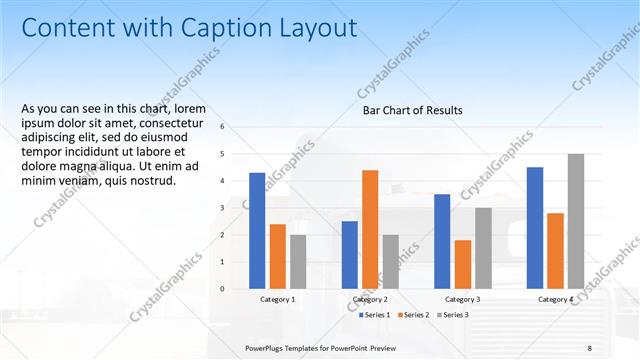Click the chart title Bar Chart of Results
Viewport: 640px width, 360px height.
tap(412, 110)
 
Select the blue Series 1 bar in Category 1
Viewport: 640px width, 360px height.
tap(257, 230)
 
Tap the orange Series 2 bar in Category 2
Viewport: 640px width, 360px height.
tap(370, 229)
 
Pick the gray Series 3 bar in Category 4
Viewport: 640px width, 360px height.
tap(575, 221)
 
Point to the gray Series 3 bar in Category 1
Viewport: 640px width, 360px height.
tap(298, 261)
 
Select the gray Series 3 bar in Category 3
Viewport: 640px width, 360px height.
tap(483, 248)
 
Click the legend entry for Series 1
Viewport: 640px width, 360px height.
tap(376, 315)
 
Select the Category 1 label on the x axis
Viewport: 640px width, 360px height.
tap(277, 299)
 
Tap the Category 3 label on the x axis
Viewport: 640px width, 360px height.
tap(462, 299)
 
